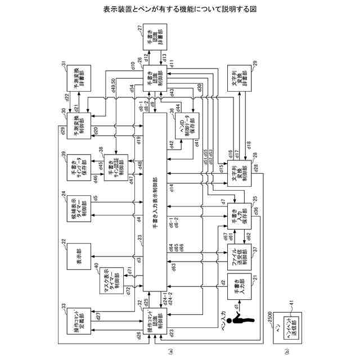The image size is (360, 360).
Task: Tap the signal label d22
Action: tap(66, 97)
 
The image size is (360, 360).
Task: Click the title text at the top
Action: tap(179, 10)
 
